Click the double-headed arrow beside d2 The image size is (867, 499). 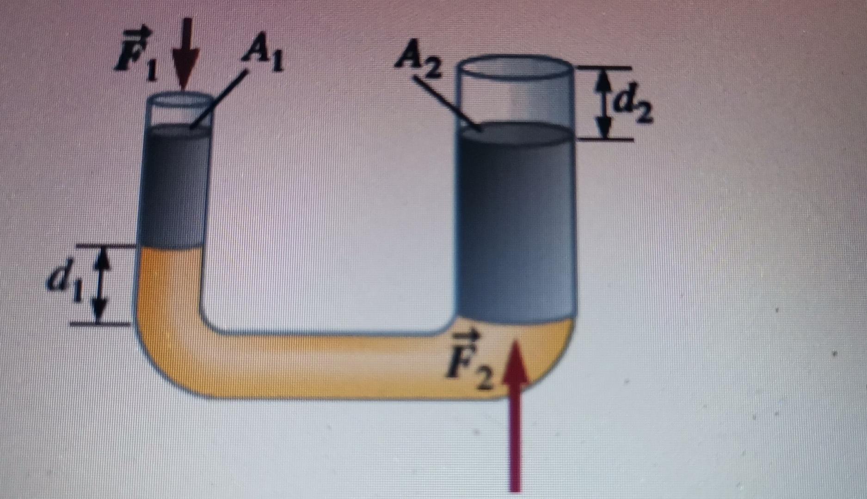(603, 103)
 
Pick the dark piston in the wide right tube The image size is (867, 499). (516, 222)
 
